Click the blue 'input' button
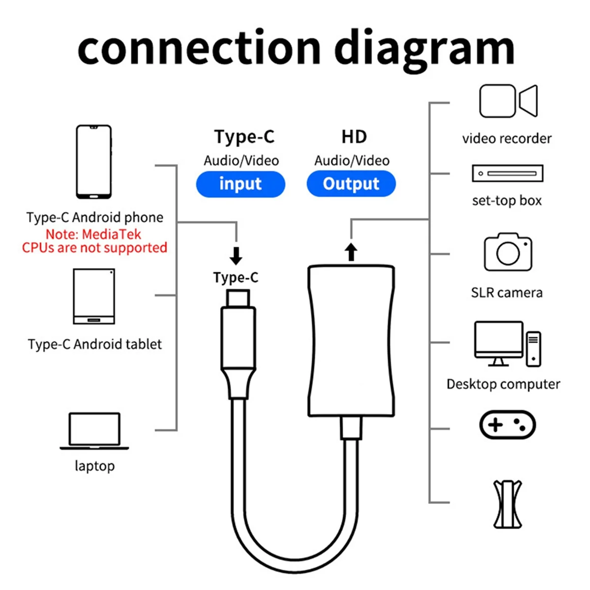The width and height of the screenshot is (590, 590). (240, 184)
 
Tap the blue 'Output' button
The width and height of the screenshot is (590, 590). (351, 184)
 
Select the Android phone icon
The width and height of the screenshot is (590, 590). (94, 162)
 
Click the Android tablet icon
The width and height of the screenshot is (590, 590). (94, 296)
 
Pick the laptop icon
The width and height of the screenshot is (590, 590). (94, 431)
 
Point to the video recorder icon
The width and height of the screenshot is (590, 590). (508, 101)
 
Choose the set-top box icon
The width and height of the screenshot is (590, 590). (507, 174)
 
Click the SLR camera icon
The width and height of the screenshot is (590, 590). (508, 252)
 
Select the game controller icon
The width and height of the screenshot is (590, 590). (507, 425)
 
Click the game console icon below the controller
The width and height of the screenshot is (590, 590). (507, 504)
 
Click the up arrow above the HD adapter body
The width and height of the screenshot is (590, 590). (351, 252)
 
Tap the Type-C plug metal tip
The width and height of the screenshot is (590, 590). (238, 298)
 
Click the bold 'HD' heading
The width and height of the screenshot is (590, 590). (354, 137)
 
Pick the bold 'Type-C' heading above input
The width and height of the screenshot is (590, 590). (244, 137)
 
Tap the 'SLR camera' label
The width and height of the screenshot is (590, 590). (506, 293)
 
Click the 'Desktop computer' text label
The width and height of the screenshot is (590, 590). (503, 384)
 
